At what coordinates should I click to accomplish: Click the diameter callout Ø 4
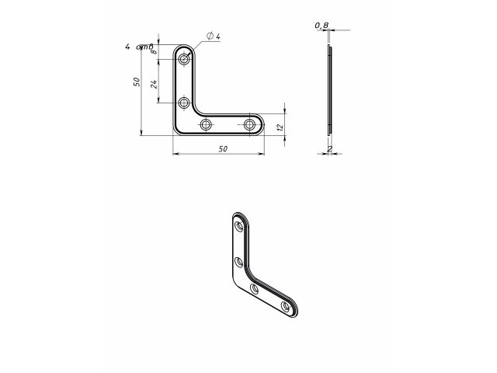(x=214, y=37)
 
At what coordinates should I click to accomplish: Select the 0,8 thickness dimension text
(x=321, y=26)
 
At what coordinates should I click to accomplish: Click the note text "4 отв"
(x=138, y=47)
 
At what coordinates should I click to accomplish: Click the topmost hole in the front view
(x=184, y=59)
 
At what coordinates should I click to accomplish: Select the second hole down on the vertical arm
(x=184, y=103)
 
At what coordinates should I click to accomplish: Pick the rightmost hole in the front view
(x=249, y=124)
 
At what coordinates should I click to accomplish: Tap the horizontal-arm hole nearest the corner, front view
(x=206, y=124)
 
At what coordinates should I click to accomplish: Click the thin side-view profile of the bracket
(x=329, y=89)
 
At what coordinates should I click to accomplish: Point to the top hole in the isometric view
(x=239, y=227)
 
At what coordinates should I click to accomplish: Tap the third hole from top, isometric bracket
(x=255, y=288)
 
